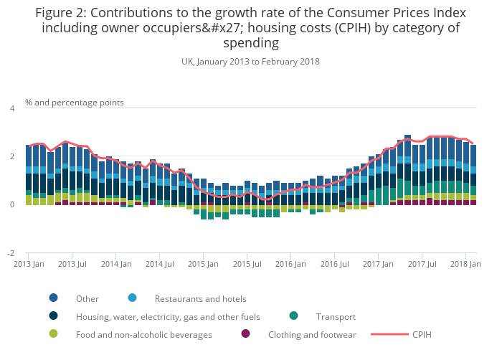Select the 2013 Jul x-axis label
tap(72, 265)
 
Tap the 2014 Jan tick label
tap(115, 265)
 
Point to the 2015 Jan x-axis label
tap(203, 265)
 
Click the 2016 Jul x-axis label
tap(333, 265)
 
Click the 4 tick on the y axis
tap(11, 108)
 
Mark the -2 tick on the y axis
tap(10, 254)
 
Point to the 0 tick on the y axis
tap(11, 205)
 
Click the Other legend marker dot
tap(54, 298)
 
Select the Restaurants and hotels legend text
tap(200, 298)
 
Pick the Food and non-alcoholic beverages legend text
tap(144, 334)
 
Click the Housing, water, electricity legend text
tap(168, 316)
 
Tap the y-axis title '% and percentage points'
tap(75, 103)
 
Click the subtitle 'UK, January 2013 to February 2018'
tap(250, 62)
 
